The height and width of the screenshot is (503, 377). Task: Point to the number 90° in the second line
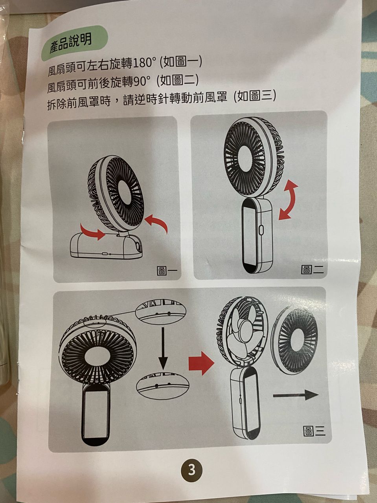tap(142, 83)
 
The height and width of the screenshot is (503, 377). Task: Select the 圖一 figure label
tap(166, 271)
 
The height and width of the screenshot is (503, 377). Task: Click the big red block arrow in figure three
tap(201, 363)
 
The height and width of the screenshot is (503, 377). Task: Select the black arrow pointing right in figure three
tap(296, 395)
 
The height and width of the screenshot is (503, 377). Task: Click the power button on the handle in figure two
tap(261, 230)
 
